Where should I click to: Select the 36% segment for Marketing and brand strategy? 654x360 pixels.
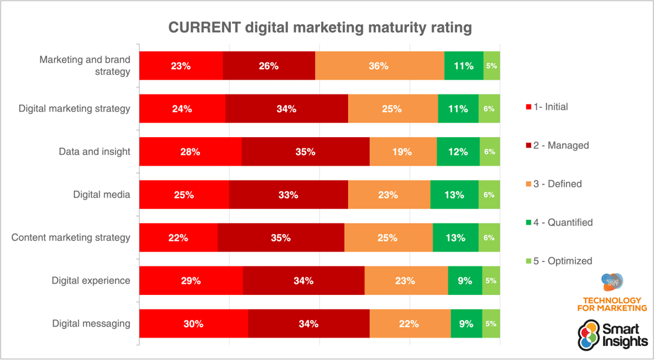(379, 66)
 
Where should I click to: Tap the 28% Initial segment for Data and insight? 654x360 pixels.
(190, 152)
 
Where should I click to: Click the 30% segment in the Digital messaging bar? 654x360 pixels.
(193, 324)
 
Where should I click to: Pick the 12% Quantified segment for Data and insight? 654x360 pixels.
(458, 152)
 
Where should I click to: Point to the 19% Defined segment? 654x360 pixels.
(403, 152)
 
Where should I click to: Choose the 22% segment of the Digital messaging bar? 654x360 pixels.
(410, 324)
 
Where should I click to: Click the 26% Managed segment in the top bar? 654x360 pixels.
(268, 66)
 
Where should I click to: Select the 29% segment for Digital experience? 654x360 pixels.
(190, 281)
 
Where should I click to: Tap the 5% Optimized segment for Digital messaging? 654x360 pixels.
(491, 324)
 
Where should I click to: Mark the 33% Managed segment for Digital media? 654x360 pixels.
(288, 195)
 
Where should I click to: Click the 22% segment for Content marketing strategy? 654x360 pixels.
(178, 238)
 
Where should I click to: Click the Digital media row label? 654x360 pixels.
(101, 195)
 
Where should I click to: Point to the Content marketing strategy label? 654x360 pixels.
(71, 238)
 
